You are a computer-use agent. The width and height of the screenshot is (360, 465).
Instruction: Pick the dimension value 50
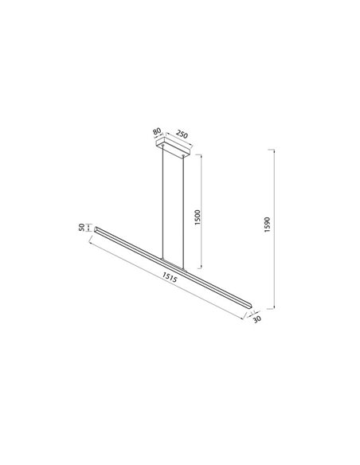[83, 229]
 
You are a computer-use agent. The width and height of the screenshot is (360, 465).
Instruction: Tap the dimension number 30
[256, 319]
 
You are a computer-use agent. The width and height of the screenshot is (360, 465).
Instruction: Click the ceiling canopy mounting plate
[173, 149]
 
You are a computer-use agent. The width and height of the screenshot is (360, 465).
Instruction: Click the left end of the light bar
[98, 229]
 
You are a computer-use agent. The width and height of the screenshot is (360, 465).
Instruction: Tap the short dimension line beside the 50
[89, 229]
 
